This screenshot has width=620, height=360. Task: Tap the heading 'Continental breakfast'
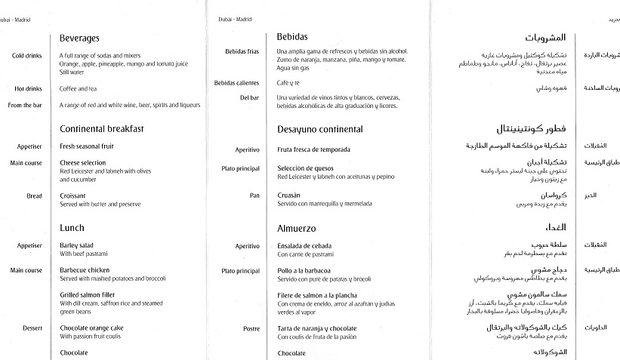[101, 129]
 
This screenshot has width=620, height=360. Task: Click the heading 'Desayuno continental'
[319, 129]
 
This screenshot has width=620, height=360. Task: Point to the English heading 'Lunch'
[72, 227]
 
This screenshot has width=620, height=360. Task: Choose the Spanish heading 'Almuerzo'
[296, 228]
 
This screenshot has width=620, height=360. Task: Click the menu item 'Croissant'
[73, 195]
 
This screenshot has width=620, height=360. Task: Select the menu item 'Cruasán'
[288, 195]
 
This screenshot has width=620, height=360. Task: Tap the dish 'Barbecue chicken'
[85, 270]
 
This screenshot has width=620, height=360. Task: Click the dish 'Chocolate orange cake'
[91, 328]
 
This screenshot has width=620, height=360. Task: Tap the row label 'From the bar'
[25, 105]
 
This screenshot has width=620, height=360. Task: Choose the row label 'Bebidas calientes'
[236, 83]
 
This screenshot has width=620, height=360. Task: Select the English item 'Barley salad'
[77, 245]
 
